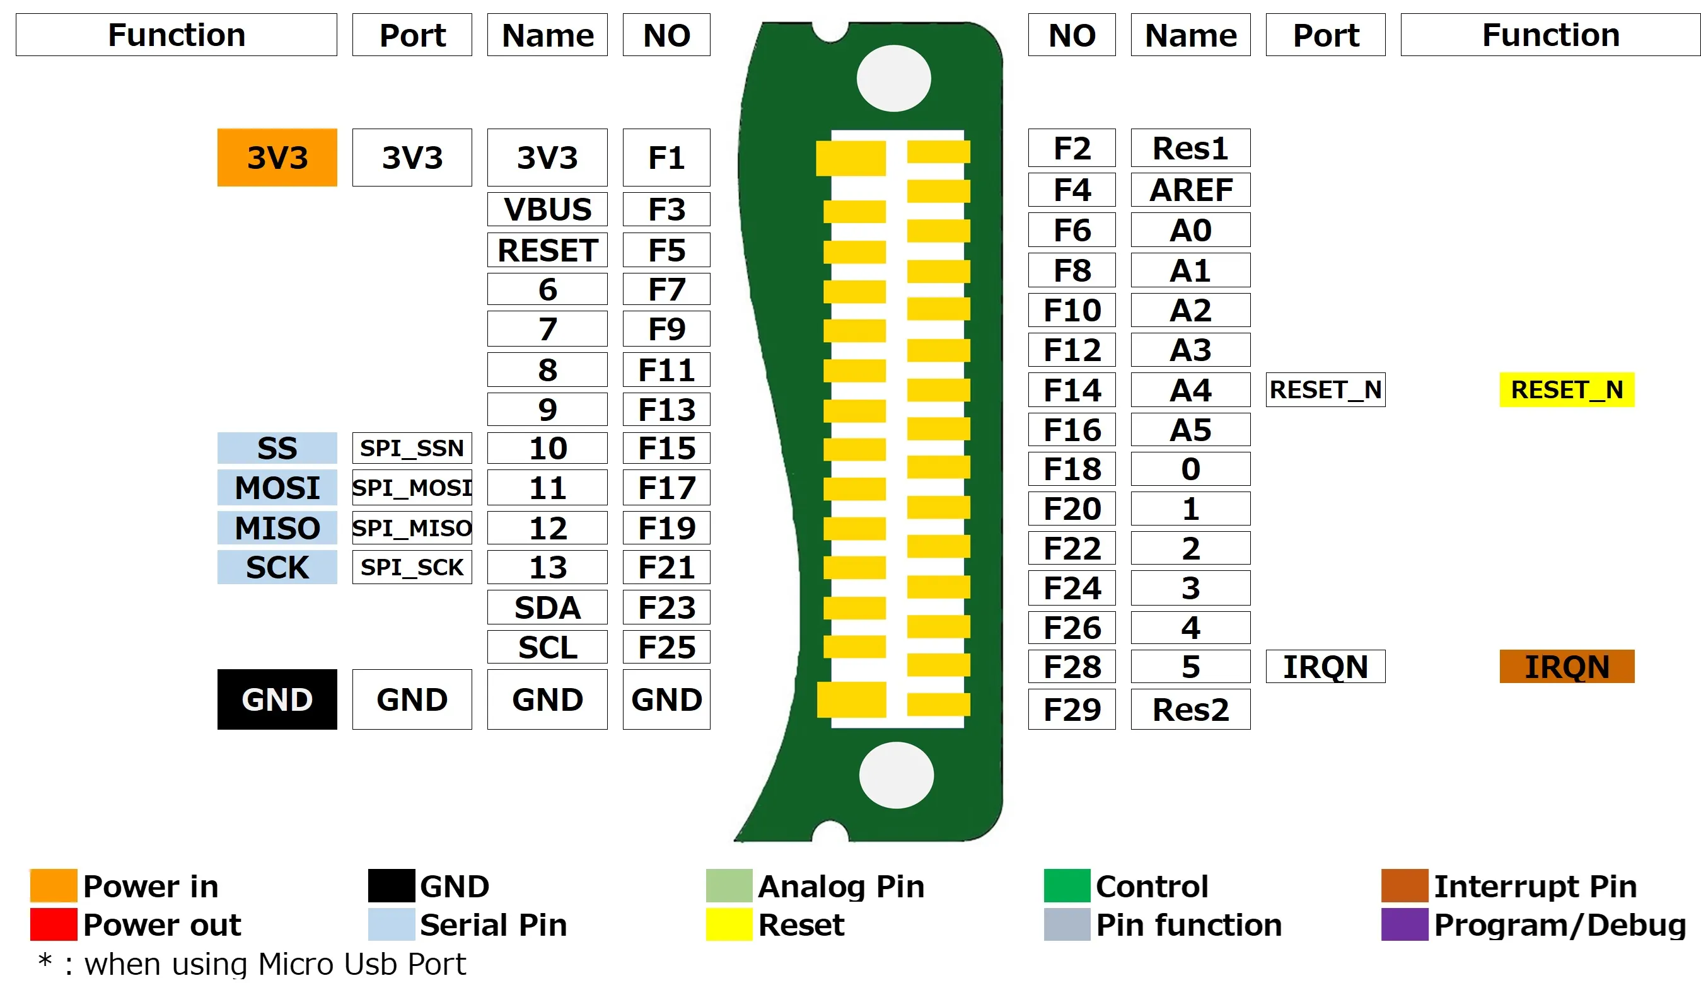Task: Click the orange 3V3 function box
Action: coord(277,157)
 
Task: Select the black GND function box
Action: coord(277,699)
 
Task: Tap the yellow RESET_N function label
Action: coord(1566,389)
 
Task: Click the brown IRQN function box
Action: coord(1566,666)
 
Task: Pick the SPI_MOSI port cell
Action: coord(412,487)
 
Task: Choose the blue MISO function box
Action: coord(277,527)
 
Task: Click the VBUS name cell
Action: coord(547,209)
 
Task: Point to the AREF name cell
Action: coord(1190,190)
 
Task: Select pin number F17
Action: coord(666,487)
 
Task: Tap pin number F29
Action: coord(1071,709)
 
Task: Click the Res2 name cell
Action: coord(1190,709)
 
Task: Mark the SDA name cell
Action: coord(547,607)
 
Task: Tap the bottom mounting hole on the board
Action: coord(896,775)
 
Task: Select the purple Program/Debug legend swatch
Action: coord(1404,924)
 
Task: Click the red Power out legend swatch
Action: coord(54,924)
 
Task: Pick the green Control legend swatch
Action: coord(1067,886)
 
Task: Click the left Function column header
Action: coord(176,35)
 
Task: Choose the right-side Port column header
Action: coord(1325,35)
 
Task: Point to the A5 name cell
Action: coord(1190,430)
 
